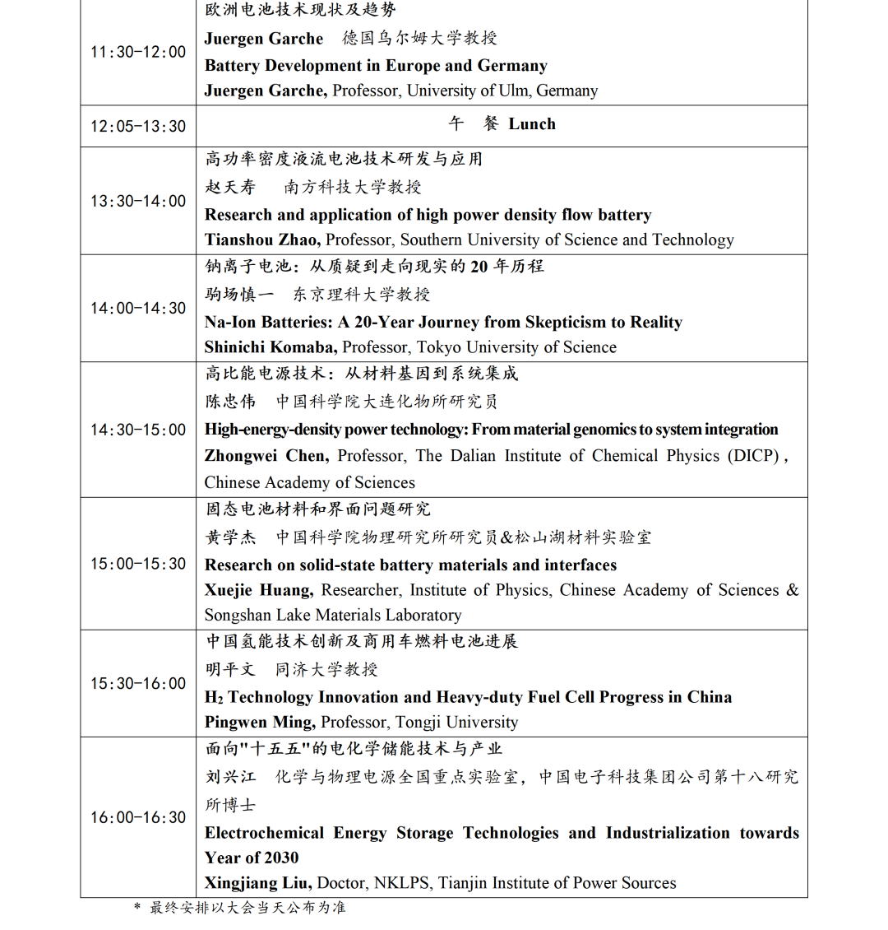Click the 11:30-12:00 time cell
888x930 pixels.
pos(138,52)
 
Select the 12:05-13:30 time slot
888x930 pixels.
pos(138,126)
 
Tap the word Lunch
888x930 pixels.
pos(532,124)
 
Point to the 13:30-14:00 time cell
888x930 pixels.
pos(138,201)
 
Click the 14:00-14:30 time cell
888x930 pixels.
pos(138,308)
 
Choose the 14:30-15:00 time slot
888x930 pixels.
pos(138,430)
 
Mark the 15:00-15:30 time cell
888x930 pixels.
pos(138,564)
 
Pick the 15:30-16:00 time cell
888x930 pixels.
pos(138,683)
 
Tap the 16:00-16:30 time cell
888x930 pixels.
pos(138,817)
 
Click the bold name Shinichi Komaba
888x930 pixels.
pos(271,347)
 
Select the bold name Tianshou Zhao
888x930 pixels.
pos(262,240)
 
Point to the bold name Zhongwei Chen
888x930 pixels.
pos(266,456)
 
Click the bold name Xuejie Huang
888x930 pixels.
pos(258,590)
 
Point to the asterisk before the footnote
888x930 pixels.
pos(137,907)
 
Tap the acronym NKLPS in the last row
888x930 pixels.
pos(401,883)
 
